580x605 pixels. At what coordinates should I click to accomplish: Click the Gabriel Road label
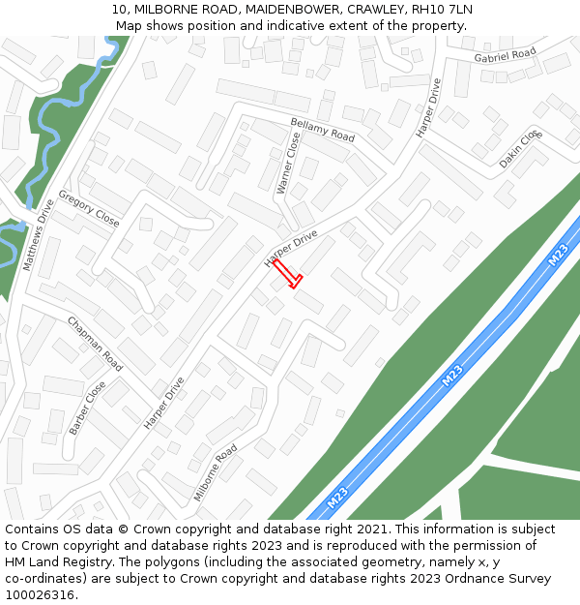tap(505, 57)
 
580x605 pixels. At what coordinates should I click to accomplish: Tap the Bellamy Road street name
tap(323, 131)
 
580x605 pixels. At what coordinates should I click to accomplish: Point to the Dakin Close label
tap(520, 151)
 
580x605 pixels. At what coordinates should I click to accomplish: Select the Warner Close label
tap(288, 163)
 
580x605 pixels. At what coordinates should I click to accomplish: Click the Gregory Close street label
tap(89, 208)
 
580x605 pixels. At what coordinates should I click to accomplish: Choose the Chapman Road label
tap(95, 343)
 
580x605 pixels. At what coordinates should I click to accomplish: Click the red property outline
tap(287, 274)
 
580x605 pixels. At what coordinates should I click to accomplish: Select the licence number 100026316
tap(40, 595)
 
